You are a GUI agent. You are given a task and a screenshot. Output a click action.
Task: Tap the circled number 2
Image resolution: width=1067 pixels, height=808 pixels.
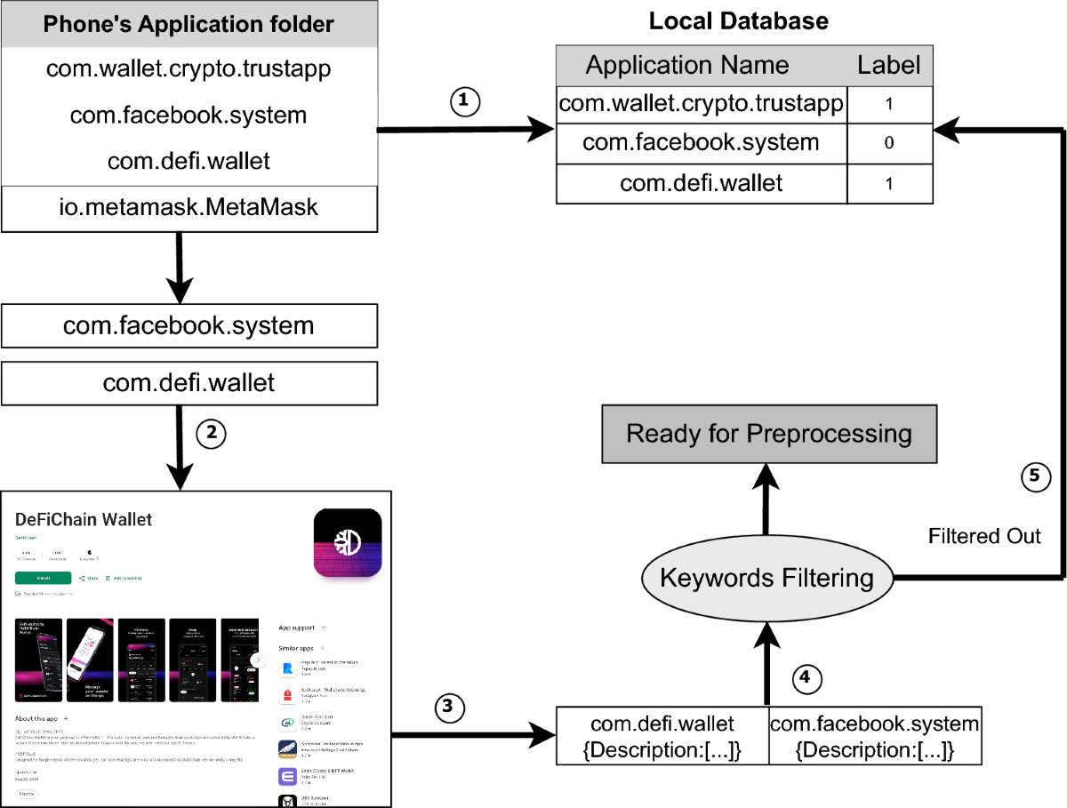click(210, 434)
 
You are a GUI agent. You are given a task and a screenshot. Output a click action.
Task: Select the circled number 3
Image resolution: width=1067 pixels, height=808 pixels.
click(450, 708)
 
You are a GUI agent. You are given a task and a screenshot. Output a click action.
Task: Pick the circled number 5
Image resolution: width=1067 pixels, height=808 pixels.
click(1034, 477)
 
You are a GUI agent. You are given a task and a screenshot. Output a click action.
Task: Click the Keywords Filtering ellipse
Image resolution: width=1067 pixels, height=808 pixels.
click(766, 579)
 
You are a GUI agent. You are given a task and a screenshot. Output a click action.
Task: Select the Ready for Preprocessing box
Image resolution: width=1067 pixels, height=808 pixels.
click(769, 434)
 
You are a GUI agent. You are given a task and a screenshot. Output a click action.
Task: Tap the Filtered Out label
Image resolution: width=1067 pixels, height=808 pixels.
click(984, 537)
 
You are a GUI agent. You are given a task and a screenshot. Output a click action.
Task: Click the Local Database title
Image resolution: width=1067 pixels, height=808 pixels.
click(738, 20)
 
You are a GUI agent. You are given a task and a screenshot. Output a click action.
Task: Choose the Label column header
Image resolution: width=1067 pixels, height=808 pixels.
click(888, 66)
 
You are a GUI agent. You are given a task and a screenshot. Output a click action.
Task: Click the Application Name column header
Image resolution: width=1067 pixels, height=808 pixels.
click(687, 66)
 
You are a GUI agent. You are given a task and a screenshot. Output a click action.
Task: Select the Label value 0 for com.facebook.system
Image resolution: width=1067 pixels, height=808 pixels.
click(888, 143)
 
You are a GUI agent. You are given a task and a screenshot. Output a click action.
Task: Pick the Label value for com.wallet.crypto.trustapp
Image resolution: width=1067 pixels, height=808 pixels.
click(888, 104)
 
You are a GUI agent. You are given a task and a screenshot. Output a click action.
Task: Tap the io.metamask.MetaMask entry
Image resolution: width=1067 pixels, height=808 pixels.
click(189, 208)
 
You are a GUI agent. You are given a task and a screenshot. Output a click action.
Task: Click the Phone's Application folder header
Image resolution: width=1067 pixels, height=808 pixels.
click(189, 24)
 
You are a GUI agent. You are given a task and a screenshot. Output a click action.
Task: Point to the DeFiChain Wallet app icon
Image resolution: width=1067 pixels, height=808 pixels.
click(348, 544)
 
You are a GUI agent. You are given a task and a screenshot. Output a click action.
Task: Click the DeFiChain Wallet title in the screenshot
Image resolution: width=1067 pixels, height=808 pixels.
click(84, 519)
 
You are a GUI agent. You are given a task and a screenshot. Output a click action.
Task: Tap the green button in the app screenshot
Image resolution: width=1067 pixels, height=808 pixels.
click(44, 578)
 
